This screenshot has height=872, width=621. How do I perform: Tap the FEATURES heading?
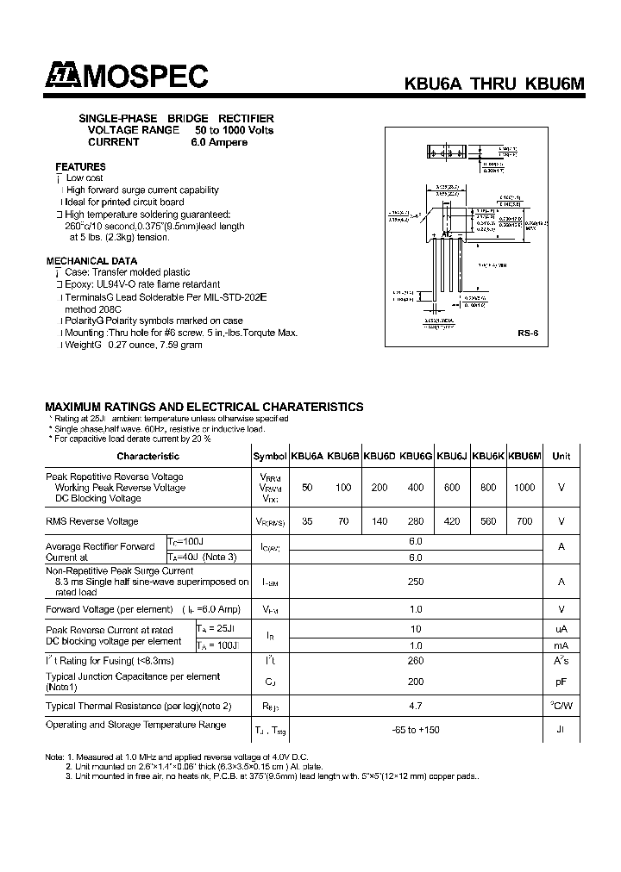tap(80, 166)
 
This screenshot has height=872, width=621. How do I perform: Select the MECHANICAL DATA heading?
tap(91, 260)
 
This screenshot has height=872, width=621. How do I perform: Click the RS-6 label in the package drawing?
tap(528, 332)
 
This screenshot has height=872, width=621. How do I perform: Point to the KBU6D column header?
tap(379, 457)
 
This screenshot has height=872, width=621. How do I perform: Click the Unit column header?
tap(561, 457)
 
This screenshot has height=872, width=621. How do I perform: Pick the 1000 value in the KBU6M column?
tap(523, 488)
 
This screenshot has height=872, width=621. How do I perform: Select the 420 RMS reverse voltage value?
tap(451, 521)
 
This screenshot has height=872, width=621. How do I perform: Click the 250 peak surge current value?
tap(416, 582)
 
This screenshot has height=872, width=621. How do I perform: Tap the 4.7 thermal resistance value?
tap(416, 706)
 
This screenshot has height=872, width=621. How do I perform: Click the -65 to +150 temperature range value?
tap(416, 730)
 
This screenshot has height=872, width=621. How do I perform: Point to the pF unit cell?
tap(561, 682)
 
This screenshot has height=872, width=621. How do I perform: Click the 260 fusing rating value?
tap(416, 661)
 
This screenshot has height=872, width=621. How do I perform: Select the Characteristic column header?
tap(147, 457)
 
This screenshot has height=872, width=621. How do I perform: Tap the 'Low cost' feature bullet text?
tap(85, 178)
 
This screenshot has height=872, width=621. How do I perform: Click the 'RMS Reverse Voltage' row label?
tap(91, 521)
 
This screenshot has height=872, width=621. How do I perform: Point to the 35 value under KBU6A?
tap(307, 521)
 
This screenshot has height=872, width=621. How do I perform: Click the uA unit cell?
tap(561, 630)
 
